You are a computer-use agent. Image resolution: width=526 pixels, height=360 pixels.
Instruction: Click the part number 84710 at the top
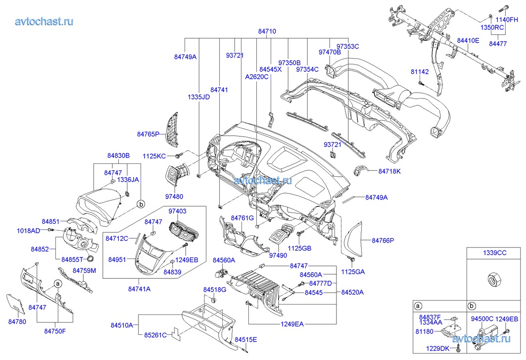tap(267, 31)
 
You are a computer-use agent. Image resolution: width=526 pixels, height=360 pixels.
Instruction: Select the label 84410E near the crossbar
tap(468, 40)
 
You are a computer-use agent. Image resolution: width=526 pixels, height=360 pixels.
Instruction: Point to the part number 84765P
tap(148, 134)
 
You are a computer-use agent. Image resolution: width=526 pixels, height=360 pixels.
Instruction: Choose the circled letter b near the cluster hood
tap(141, 204)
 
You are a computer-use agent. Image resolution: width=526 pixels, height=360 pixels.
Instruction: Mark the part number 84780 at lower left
tap(17, 322)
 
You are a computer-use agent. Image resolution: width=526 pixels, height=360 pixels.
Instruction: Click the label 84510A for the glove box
tap(122, 325)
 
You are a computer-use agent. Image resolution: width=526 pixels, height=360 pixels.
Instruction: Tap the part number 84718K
tap(389, 171)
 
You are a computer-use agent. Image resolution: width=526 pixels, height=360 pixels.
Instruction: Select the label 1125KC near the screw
tap(154, 156)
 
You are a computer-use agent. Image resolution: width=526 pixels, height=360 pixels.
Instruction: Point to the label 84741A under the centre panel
tap(139, 288)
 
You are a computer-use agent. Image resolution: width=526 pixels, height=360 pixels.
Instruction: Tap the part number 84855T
tap(72, 259)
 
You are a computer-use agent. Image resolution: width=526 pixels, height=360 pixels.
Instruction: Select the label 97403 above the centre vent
tap(177, 211)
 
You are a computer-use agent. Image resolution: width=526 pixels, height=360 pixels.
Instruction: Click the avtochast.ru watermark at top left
tap(45, 21)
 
